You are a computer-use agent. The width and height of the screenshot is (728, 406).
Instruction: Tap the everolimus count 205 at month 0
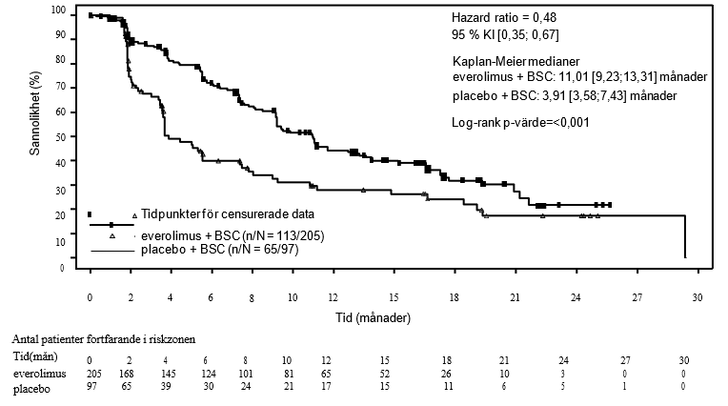click(89, 375)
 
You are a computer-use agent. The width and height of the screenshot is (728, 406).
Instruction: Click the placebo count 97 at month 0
click(89, 389)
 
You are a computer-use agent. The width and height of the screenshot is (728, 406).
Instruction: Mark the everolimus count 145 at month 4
click(171, 375)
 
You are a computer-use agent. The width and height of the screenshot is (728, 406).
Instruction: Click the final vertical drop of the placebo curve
click(685, 237)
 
